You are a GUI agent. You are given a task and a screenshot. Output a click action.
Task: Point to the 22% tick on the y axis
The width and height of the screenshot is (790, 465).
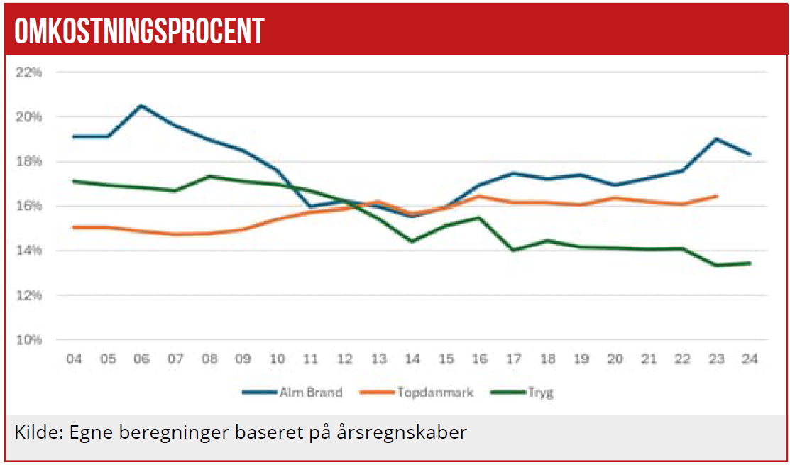[29, 72]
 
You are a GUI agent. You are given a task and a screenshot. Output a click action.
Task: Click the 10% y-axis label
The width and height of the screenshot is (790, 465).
[29, 340]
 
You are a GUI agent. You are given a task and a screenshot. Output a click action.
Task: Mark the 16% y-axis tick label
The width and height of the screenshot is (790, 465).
[29, 206]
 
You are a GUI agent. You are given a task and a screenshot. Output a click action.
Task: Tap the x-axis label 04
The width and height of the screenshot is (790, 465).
[73, 359]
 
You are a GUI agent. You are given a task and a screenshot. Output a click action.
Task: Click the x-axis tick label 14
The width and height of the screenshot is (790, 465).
[412, 359]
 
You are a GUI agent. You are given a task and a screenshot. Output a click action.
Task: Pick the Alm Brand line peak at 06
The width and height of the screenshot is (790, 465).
[141, 106]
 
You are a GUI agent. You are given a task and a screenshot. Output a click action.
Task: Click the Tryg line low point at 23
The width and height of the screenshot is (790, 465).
[716, 266]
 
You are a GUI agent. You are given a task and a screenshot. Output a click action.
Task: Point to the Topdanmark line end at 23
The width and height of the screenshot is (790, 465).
[716, 196]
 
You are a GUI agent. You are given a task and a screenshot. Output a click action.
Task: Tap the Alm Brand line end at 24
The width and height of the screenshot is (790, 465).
[750, 154]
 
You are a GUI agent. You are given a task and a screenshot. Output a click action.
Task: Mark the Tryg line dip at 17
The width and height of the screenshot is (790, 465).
[513, 250]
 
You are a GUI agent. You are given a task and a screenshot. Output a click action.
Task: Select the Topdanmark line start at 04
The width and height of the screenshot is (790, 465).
[73, 227]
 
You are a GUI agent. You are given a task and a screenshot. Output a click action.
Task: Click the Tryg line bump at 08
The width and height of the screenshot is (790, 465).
[209, 176]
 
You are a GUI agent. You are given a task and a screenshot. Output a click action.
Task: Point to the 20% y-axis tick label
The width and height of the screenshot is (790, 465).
[29, 116]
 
